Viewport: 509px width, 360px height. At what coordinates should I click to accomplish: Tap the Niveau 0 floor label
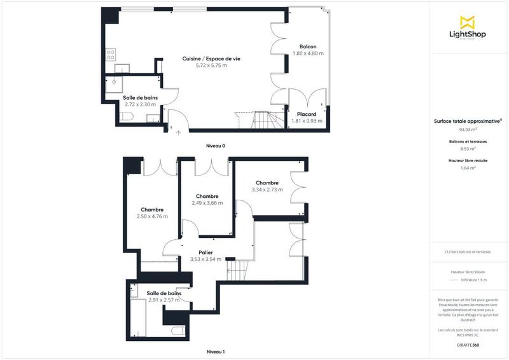click(x=216, y=146)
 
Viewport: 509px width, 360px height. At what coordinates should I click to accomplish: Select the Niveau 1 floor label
click(x=216, y=352)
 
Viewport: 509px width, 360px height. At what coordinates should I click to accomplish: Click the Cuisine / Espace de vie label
click(x=211, y=59)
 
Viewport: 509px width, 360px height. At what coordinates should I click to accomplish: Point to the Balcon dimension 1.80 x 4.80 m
click(x=308, y=53)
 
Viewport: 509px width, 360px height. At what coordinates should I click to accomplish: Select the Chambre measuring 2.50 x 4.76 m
click(x=152, y=210)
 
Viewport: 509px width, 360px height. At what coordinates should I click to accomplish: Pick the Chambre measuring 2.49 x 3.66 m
click(x=207, y=197)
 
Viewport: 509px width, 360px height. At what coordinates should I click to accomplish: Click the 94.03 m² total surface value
click(x=468, y=128)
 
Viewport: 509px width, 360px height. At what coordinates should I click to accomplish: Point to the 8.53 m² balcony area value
click(x=468, y=149)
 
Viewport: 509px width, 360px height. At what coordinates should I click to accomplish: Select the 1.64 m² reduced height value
click(x=468, y=169)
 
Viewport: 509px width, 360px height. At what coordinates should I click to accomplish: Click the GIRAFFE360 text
click(x=468, y=343)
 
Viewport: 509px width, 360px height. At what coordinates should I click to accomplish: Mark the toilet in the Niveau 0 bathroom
click(x=126, y=116)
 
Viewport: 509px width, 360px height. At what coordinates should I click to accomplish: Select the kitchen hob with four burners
click(x=111, y=55)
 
